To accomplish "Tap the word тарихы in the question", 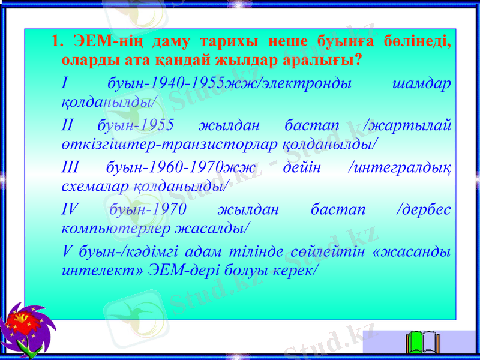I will (x=230, y=42).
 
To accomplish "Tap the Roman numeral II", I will (x=68, y=125).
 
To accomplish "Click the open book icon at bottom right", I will (x=424, y=344).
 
